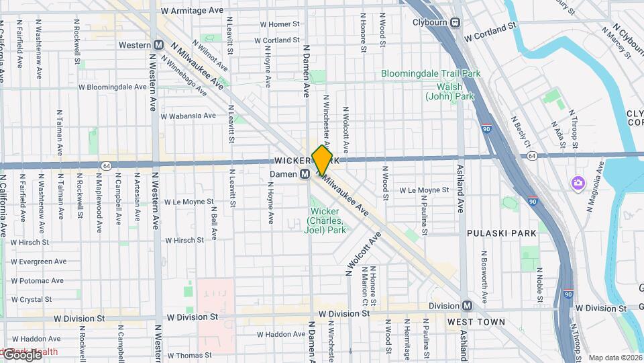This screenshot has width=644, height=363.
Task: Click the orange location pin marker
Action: pos(322,160)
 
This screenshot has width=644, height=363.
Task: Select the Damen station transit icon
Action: pos(304,174)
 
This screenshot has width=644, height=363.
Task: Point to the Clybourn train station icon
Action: pos(455,22)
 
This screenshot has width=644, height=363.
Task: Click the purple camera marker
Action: pos(577,183)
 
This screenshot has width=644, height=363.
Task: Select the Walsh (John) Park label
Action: pos(449,91)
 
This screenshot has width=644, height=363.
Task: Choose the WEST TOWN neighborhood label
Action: pos(476,323)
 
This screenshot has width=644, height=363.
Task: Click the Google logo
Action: pos(21,354)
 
